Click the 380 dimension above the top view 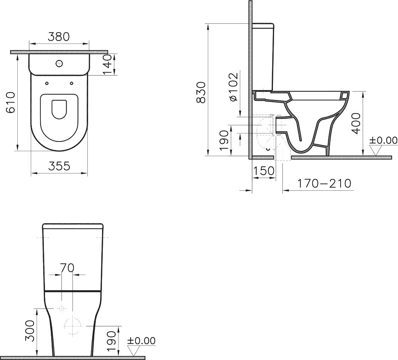tap(59, 37)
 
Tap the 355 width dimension tap(59, 166)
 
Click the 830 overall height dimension tap(201, 93)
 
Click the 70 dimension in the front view tap(67, 268)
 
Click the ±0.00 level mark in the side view tap(383, 140)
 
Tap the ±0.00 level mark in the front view tap(141, 341)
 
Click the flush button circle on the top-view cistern tap(60, 63)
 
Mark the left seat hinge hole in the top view tap(47, 83)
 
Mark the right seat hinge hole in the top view tap(72, 83)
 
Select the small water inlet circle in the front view tap(61, 308)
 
